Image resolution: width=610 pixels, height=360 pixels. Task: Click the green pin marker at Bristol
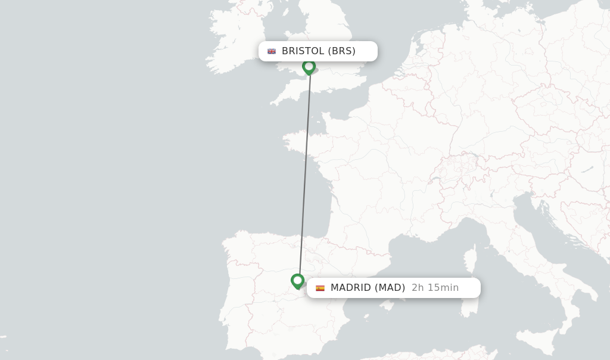pos(309,67)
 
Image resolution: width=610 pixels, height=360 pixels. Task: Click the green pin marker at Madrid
pos(298,281)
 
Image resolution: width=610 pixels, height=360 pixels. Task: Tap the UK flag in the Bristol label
pos(272,51)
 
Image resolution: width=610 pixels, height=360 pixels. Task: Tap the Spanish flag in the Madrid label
pos(320,288)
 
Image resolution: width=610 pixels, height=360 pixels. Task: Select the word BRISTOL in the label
pos(303,51)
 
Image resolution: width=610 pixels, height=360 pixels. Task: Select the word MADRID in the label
pos(350,288)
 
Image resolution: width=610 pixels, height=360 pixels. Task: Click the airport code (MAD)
pos(390,288)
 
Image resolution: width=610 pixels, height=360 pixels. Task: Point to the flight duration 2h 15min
pos(435,288)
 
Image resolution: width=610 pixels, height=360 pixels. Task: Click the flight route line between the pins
pos(304,173)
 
